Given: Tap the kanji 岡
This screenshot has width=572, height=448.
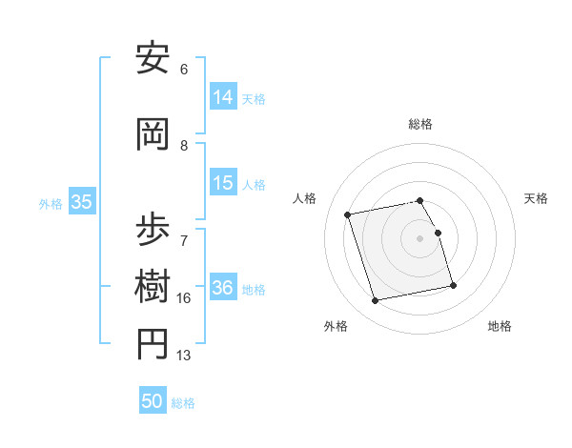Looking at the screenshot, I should pyautogui.click(x=153, y=135).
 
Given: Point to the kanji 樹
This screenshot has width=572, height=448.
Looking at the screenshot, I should pyautogui.click(x=153, y=286).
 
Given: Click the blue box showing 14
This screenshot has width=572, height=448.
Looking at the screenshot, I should pyautogui.click(x=223, y=96).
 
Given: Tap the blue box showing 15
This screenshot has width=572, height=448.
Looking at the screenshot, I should pyautogui.click(x=223, y=183).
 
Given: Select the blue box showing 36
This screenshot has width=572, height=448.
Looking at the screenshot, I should pyautogui.click(x=223, y=288).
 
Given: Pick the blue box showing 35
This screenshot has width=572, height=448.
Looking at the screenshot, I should pyautogui.click(x=81, y=202).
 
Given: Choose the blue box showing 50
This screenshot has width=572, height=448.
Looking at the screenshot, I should pyautogui.click(x=153, y=401).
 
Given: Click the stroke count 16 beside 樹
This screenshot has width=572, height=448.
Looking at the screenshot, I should pyautogui.click(x=183, y=298).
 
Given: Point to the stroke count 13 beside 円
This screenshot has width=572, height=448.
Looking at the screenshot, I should pyautogui.click(x=183, y=356).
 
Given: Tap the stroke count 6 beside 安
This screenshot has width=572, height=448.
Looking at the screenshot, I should pyautogui.click(x=183, y=69).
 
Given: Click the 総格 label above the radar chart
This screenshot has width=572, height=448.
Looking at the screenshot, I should pyautogui.click(x=420, y=124).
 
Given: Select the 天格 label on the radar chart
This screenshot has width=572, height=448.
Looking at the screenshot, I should pyautogui.click(x=536, y=198).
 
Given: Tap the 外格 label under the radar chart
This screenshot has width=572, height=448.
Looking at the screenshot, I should pyautogui.click(x=336, y=326).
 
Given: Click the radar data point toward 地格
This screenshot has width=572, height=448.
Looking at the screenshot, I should pyautogui.click(x=453, y=286).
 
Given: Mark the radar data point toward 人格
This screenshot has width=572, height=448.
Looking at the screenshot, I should pyautogui.click(x=348, y=214).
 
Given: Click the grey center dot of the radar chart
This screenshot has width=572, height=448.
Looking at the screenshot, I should pyautogui.click(x=420, y=237).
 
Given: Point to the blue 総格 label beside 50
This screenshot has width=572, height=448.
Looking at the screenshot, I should pyautogui.click(x=183, y=403).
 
